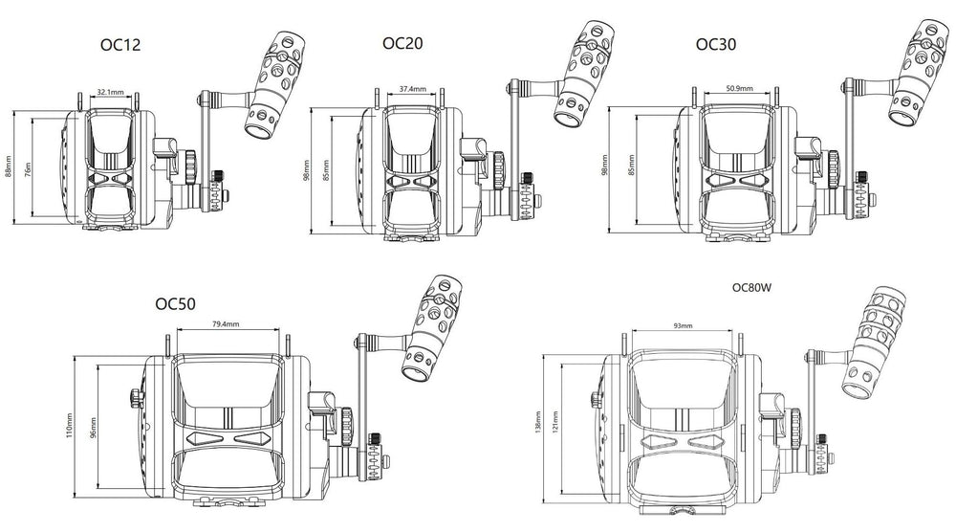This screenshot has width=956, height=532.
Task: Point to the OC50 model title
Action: [x=175, y=304]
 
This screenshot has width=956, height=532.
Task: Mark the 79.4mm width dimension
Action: [x=227, y=323]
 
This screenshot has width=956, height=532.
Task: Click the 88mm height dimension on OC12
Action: [x=9, y=167]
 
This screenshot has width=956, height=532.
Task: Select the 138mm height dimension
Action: [x=541, y=428]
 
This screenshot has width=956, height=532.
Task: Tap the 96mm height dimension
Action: [x=94, y=424]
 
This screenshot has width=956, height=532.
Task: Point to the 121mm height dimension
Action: [x=566, y=427]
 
